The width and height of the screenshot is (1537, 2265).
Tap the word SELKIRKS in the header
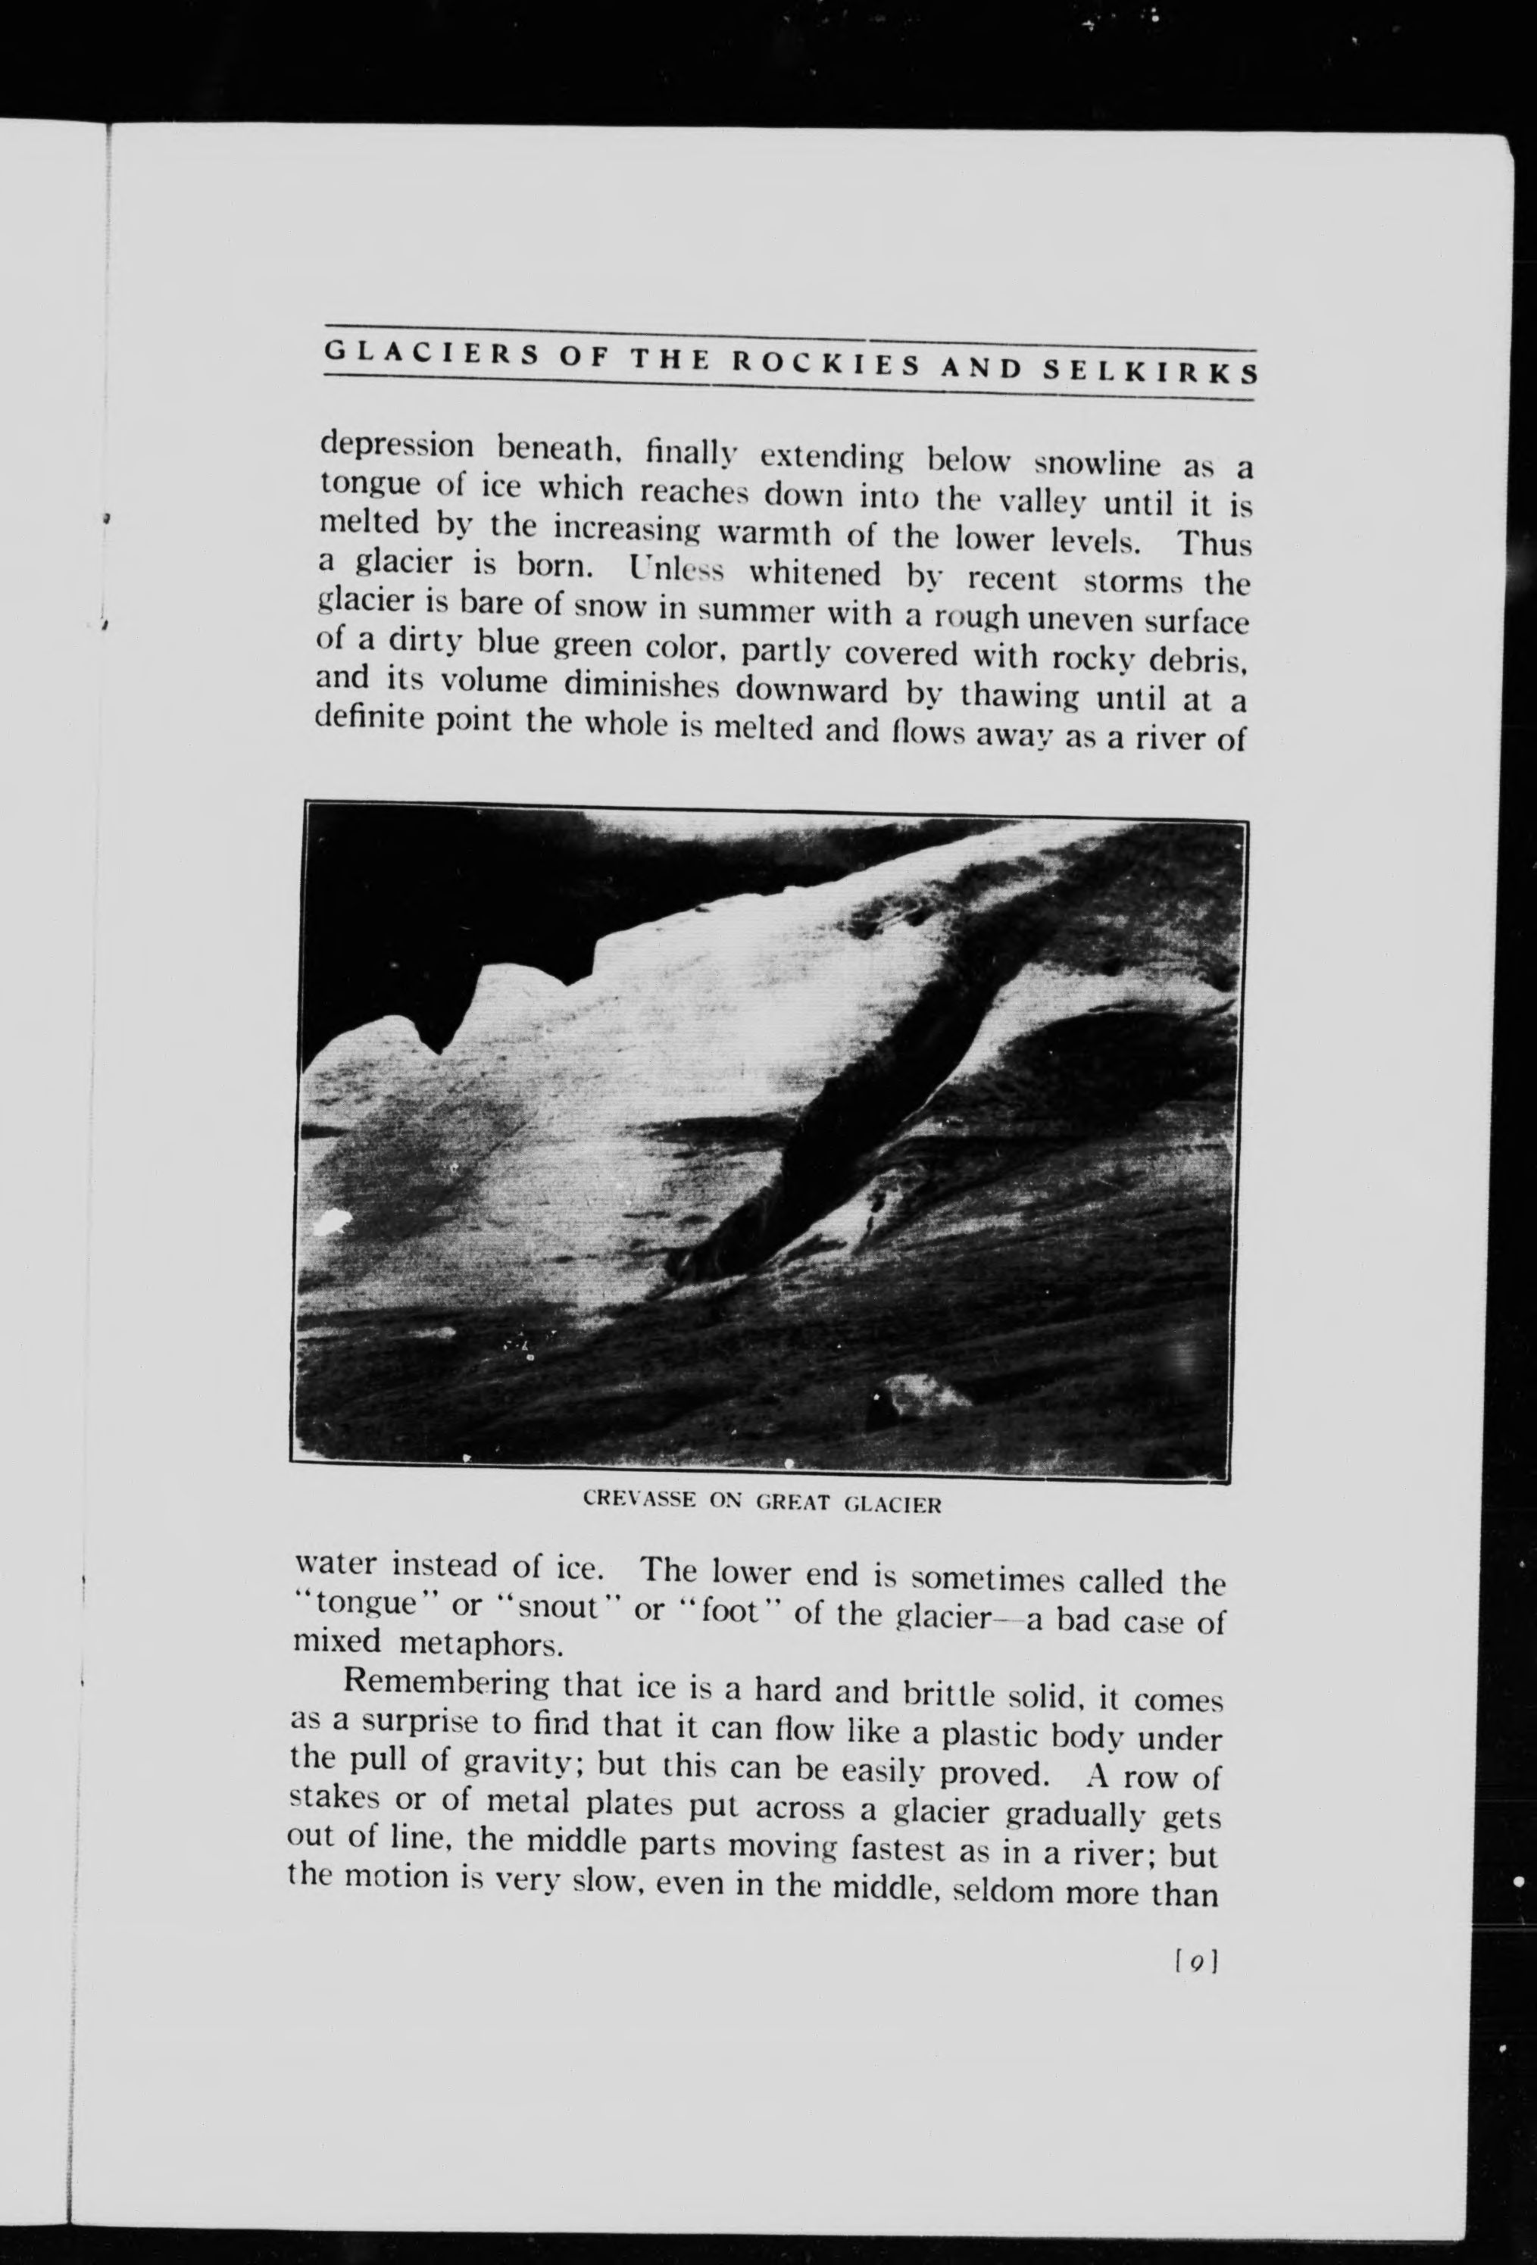click(x=1149, y=371)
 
